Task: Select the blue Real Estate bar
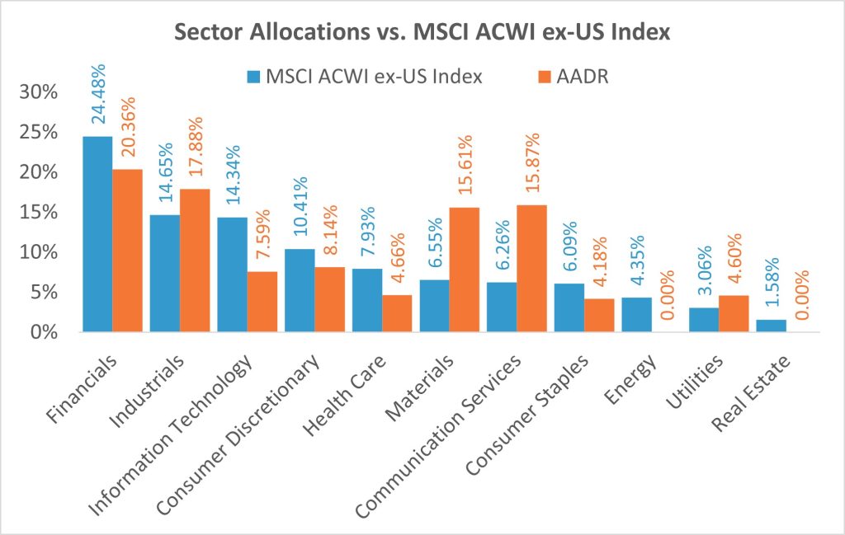[x=772, y=326]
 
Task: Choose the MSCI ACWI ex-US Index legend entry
[x=364, y=77]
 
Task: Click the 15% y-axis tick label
[x=40, y=212]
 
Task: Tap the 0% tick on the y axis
[x=45, y=332]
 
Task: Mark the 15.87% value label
[x=532, y=158]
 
